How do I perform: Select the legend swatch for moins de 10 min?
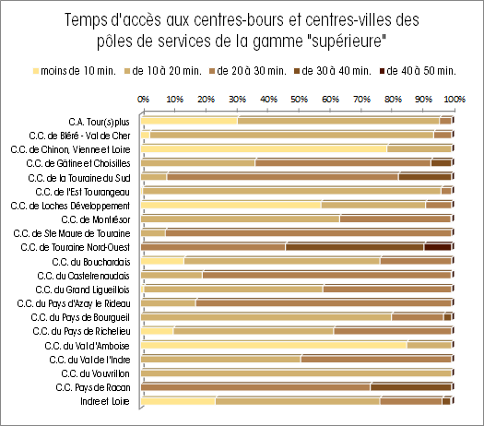(36, 71)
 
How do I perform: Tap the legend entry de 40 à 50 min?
(419, 71)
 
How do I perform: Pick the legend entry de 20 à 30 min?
(248, 71)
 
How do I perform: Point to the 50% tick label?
(299, 100)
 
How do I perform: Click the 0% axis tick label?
(143, 100)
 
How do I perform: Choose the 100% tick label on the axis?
(454, 100)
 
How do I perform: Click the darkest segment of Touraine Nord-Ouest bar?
(438, 247)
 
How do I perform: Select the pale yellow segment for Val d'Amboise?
(274, 345)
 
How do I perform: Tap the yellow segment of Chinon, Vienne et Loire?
(265, 148)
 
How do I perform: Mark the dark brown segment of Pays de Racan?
(411, 387)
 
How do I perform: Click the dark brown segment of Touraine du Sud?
(425, 177)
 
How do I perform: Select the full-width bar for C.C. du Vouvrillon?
(296, 373)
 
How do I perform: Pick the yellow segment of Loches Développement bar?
(231, 205)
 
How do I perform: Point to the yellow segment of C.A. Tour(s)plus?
(189, 121)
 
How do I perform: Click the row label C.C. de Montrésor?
(96, 219)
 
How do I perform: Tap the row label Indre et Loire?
(105, 401)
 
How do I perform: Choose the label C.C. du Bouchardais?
(91, 262)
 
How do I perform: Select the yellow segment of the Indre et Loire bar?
(179, 401)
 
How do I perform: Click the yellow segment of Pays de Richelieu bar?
(157, 331)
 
